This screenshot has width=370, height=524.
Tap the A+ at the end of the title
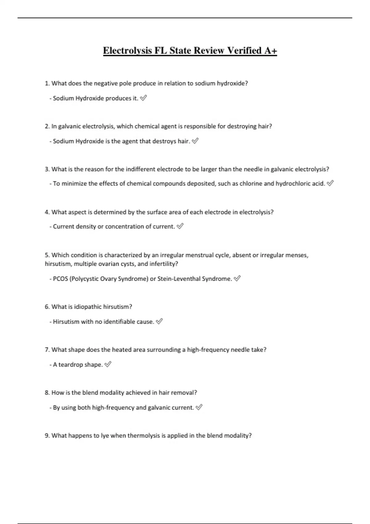270,51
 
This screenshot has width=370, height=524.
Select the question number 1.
47,83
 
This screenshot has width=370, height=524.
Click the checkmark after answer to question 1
143,98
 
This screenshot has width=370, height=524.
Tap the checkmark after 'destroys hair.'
195,141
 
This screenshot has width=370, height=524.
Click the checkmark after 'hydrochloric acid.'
330,183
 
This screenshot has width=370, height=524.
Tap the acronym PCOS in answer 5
60,279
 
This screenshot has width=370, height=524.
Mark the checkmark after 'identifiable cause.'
159,321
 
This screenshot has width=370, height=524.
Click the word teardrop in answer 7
71,365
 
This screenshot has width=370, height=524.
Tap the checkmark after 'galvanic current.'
199,407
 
